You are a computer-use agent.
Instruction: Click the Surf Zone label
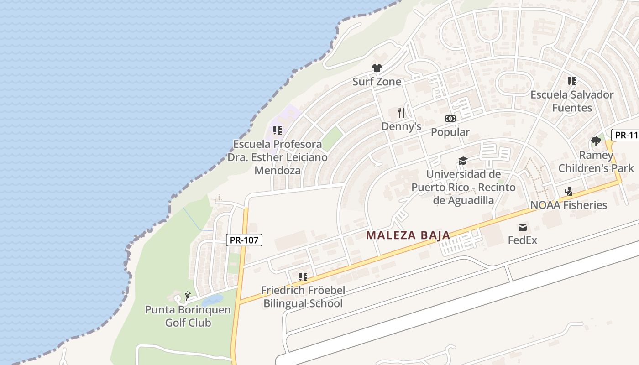coord(377,82)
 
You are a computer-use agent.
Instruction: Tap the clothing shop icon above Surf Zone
coord(377,68)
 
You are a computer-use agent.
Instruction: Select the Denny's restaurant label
coord(401,126)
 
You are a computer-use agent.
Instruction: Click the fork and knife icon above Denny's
coord(401,113)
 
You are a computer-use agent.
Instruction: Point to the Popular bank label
coord(450,132)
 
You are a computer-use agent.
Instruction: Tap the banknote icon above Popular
coord(450,119)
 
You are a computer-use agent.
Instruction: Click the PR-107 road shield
coord(244,240)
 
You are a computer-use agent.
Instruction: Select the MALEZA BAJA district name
coord(408,235)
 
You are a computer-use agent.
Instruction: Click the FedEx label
coord(523,240)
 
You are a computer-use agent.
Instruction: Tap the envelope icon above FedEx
coord(523,227)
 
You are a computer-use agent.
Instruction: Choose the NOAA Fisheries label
coord(569,205)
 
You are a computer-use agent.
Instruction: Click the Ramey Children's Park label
coord(596,162)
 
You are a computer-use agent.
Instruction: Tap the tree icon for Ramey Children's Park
coord(596,141)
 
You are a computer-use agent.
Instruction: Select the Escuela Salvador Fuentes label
coord(571,101)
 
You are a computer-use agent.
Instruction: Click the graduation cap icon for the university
coord(463,161)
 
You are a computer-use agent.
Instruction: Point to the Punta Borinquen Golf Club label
coord(188,316)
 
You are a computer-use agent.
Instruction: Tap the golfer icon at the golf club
coord(188,296)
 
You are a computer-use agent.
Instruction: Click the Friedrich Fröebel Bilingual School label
coord(303,297)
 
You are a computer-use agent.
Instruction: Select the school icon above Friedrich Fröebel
coord(303,276)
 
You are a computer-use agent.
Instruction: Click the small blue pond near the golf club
coord(212,300)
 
